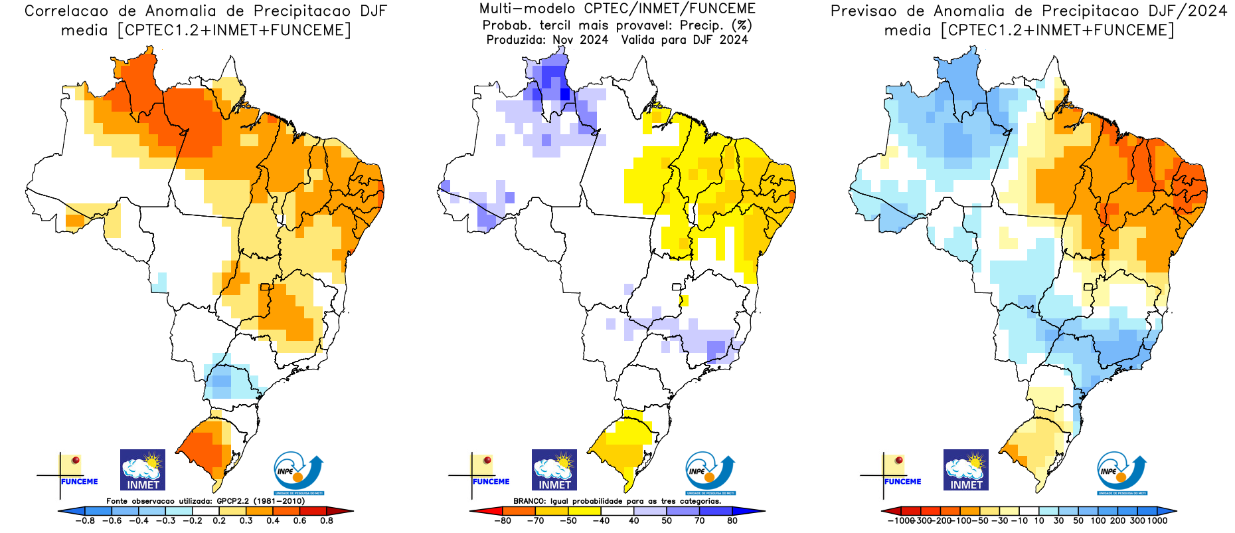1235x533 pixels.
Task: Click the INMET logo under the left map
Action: coord(143,470)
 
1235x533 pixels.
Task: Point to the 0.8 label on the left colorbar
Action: coord(327,521)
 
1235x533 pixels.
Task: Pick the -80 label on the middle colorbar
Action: coord(503,521)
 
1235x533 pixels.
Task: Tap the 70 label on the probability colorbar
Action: coord(700,521)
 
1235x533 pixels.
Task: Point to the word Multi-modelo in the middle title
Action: coord(527,9)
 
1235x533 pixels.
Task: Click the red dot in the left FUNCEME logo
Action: coord(76,460)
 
